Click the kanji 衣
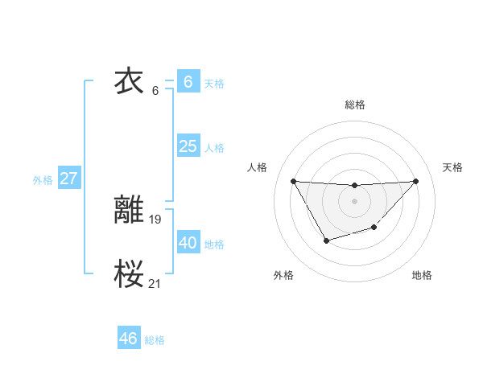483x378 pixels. click(x=130, y=81)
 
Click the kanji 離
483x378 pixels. click(x=130, y=210)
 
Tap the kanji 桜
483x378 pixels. click(x=130, y=274)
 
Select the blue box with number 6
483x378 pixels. click(x=188, y=81)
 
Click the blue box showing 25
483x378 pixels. click(x=188, y=146)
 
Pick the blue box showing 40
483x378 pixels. click(x=188, y=242)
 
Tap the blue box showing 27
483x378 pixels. click(x=68, y=178)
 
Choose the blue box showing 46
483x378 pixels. click(x=128, y=338)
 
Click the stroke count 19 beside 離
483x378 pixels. click(x=155, y=218)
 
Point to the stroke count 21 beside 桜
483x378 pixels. click(x=155, y=282)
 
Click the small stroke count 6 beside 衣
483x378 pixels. click(x=155, y=90)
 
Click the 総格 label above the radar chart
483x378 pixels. click(x=354, y=105)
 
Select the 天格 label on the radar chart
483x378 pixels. click(x=452, y=167)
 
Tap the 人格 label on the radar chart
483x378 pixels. click(x=258, y=167)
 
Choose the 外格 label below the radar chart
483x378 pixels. click(x=283, y=275)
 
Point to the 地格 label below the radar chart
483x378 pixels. click(x=422, y=275)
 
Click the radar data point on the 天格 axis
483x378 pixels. click(x=415, y=181)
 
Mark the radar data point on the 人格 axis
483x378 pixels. click(x=293, y=181)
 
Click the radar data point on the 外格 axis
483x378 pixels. click(x=326, y=240)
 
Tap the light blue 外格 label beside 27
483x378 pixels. click(x=43, y=180)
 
